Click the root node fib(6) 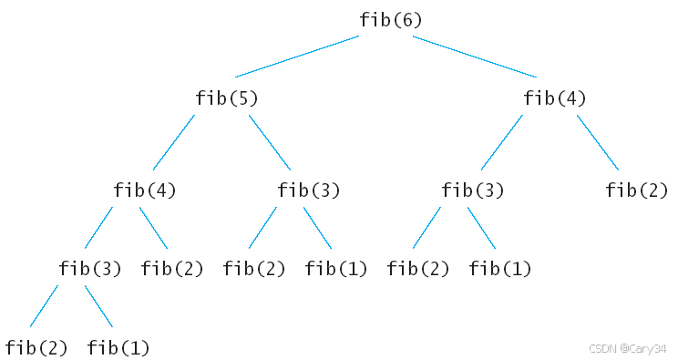(x=390, y=20)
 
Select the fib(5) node (x=227, y=98)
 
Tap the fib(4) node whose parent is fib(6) (x=555, y=98)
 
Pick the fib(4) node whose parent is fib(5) (x=144, y=190)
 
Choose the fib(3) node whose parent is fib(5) (x=308, y=190)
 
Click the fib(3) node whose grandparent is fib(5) (x=90, y=269)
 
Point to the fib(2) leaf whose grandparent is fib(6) (x=636, y=190)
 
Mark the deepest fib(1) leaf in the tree (x=118, y=348)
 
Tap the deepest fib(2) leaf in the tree (x=36, y=348)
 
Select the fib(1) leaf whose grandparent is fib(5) (x=336, y=269)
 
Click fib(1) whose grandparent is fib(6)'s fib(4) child (x=500, y=269)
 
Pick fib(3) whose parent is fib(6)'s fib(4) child (x=473, y=190)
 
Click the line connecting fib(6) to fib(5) (x=297, y=57)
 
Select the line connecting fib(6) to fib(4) (x=475, y=57)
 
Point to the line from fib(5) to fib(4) (x=174, y=142)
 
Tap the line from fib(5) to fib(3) (x=270, y=142)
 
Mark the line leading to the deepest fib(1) (x=98, y=306)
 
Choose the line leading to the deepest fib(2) (x=44, y=306)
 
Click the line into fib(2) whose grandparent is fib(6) (x=598, y=142)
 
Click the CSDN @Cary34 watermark (x=627, y=348)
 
